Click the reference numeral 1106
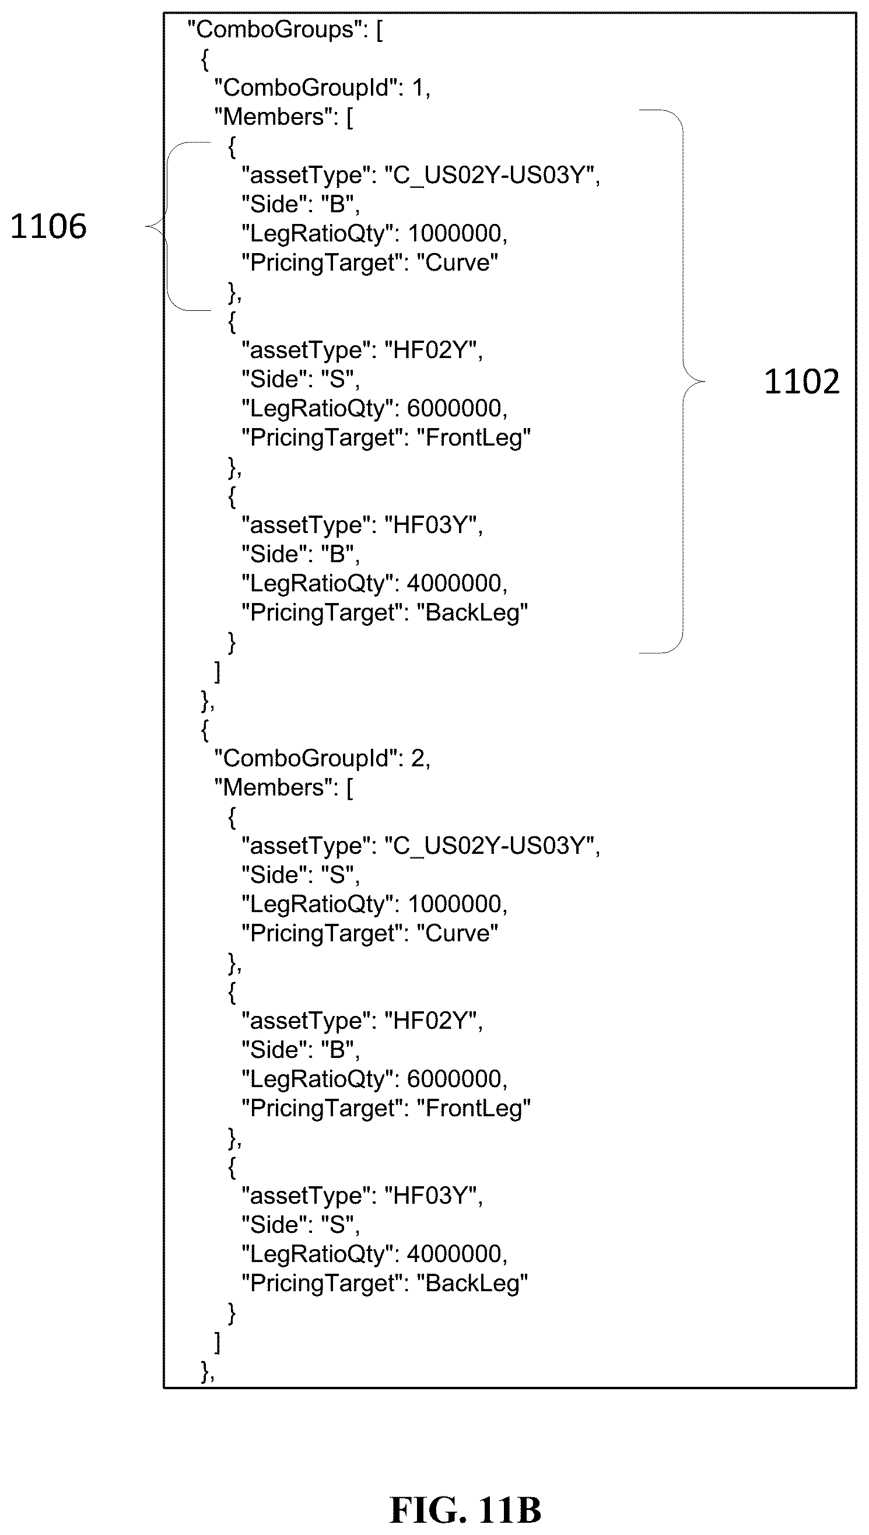[48, 227]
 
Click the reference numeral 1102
[801, 381]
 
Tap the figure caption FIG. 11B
[465, 1510]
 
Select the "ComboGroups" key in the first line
[275, 29]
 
